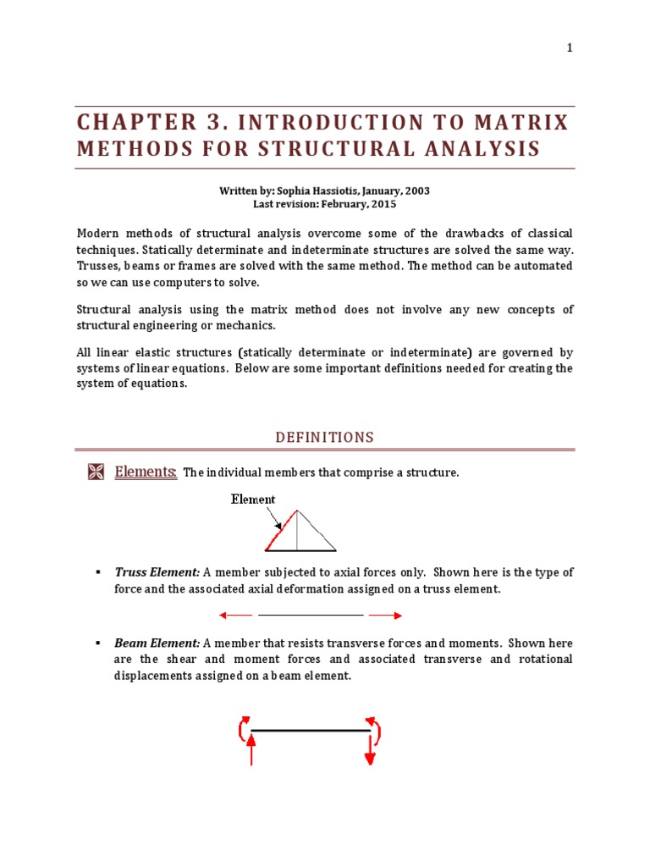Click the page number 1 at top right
[x=570, y=47]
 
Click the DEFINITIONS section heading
[x=324, y=438]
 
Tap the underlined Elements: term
[x=146, y=472]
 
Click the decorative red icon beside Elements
[x=96, y=472]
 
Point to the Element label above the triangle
[x=253, y=500]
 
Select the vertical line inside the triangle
[x=297, y=531]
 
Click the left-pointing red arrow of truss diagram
[x=235, y=616]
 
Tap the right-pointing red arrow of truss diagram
[x=386, y=616]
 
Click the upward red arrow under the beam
[x=251, y=749]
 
